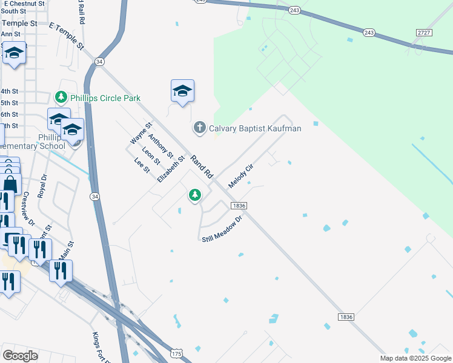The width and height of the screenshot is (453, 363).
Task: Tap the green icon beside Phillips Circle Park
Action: (x=61, y=97)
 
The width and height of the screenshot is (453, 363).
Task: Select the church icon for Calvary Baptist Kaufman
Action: (x=199, y=128)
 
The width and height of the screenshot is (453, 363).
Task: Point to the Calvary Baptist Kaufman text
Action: (x=255, y=128)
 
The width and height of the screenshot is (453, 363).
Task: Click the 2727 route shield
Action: (x=425, y=31)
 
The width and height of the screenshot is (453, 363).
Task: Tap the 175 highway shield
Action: (x=176, y=352)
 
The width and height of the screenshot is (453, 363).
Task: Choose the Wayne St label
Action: (x=141, y=132)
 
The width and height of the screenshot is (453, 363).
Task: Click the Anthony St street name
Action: (x=160, y=146)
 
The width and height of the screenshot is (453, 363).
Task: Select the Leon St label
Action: (x=151, y=157)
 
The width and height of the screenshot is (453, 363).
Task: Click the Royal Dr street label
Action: (x=42, y=187)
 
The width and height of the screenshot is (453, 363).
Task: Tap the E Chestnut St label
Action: (x=24, y=4)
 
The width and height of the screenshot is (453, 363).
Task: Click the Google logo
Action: (x=20, y=355)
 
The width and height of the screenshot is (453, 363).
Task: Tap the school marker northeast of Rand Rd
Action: (x=182, y=91)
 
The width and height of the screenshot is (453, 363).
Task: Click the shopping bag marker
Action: (x=10, y=183)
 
